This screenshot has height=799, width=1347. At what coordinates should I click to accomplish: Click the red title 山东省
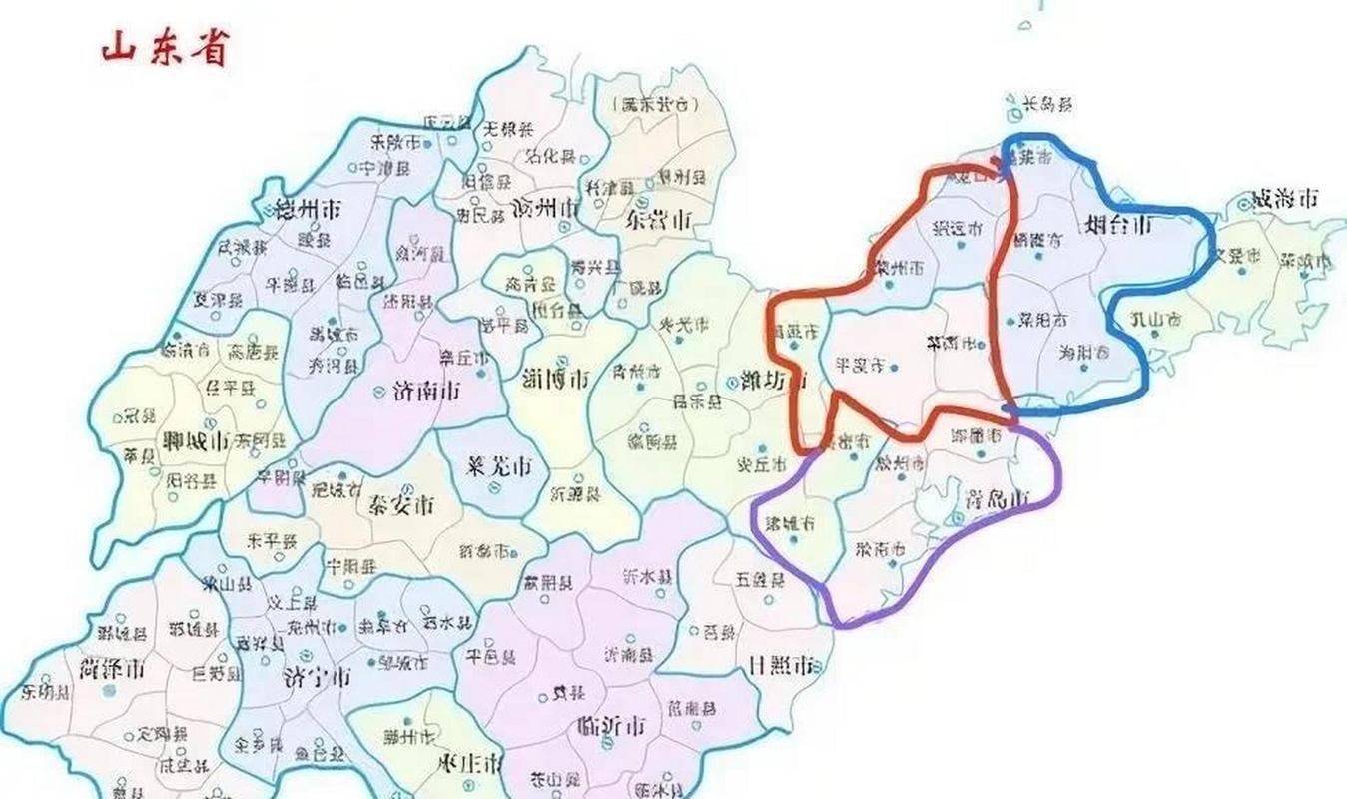pyautogui.click(x=165, y=47)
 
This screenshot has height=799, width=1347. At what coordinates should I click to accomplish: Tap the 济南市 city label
pyautogui.click(x=419, y=392)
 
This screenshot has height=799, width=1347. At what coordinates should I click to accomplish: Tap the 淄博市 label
pyautogui.click(x=556, y=378)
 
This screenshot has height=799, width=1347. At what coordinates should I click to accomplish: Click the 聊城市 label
pyautogui.click(x=194, y=440)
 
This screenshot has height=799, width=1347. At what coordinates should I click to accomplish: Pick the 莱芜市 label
pyautogui.click(x=499, y=466)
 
